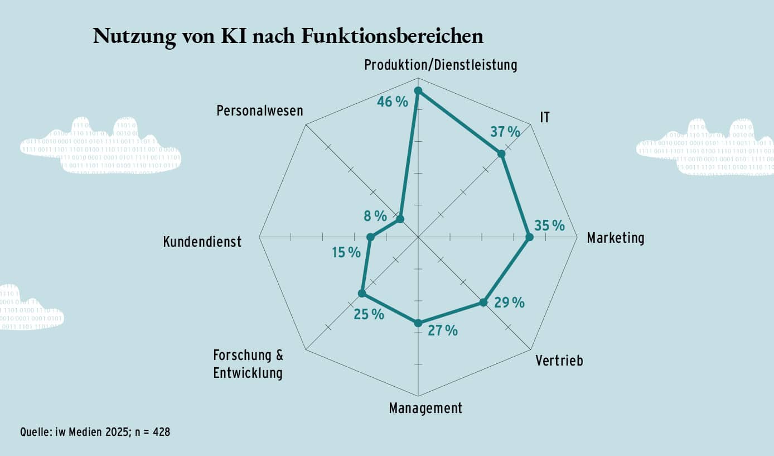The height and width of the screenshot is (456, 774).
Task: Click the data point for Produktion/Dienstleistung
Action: click(x=418, y=91)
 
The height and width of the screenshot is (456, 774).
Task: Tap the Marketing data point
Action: click(x=529, y=237)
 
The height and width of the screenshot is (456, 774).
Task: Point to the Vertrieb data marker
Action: click(x=483, y=303)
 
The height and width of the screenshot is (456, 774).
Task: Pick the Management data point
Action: click(x=418, y=322)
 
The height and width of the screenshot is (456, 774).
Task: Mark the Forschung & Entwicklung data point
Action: click(x=362, y=294)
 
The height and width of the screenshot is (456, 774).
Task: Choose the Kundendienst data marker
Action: click(x=370, y=237)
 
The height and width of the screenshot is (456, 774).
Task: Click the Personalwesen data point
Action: click(x=400, y=219)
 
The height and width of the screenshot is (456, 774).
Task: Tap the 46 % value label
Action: click(x=393, y=102)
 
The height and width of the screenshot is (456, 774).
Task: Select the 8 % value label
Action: click(x=371, y=215)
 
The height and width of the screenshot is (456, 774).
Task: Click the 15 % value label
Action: click(x=346, y=253)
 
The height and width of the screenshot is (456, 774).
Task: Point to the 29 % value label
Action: click(x=509, y=303)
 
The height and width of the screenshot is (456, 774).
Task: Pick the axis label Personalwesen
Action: click(x=260, y=111)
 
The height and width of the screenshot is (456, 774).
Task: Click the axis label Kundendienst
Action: click(x=202, y=242)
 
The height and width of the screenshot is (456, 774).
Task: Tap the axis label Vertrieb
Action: click(x=559, y=361)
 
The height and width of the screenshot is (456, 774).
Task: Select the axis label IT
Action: click(x=545, y=118)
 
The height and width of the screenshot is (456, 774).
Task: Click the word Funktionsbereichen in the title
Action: click(x=391, y=36)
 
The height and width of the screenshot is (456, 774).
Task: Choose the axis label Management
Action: click(x=425, y=408)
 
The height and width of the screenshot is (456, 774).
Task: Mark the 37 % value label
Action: click(x=505, y=132)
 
